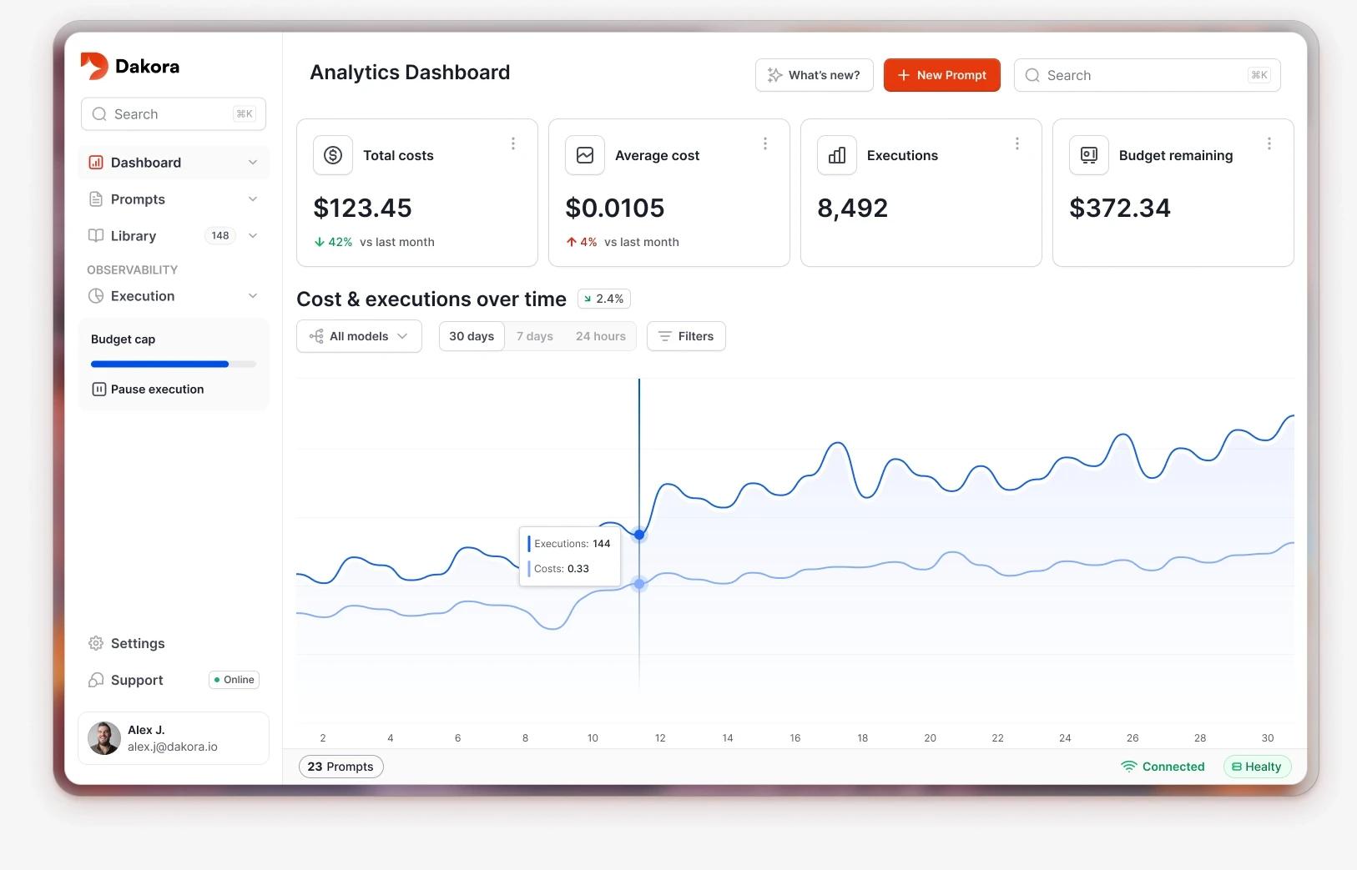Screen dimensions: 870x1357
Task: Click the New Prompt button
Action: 941,75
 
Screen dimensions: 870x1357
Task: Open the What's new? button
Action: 814,75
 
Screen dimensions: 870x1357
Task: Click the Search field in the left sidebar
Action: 173,114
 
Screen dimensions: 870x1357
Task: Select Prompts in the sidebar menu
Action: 139,199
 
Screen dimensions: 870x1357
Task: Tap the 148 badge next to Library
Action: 220,236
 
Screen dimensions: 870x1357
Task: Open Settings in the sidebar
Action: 138,644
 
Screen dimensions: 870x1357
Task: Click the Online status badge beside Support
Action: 234,680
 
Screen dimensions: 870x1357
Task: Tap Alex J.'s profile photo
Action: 104,738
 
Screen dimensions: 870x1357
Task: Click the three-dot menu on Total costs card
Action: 513,144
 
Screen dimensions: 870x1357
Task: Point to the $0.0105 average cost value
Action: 615,209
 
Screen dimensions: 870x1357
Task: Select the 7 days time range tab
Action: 535,336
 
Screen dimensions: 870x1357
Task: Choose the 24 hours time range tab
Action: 601,336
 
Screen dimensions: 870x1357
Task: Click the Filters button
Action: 686,336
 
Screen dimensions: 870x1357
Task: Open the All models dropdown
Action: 359,336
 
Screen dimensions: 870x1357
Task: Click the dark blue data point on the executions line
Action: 639,535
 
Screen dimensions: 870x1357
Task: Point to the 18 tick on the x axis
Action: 863,738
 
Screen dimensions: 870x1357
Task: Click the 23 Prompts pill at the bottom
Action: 341,767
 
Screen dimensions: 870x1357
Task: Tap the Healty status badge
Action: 1257,767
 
